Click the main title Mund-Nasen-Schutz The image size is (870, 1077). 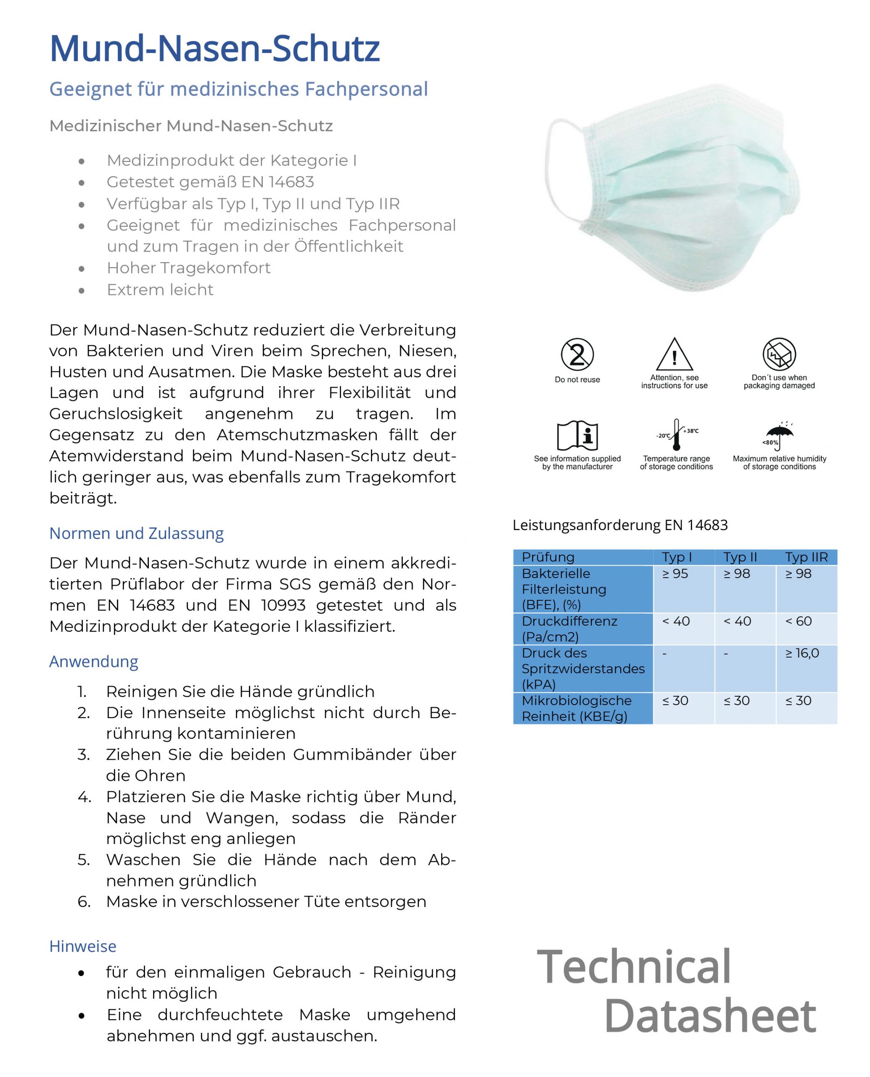[214, 49]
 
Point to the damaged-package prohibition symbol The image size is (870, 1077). [779, 354]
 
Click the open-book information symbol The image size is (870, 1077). [577, 435]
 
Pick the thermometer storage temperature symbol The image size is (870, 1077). [676, 434]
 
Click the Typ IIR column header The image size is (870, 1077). [806, 557]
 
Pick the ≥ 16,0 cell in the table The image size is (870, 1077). [802, 653]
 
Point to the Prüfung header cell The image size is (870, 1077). [548, 557]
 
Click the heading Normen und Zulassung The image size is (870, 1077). [136, 533]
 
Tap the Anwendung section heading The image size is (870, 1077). [94, 661]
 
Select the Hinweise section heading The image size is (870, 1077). [83, 946]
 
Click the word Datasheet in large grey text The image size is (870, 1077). [710, 1016]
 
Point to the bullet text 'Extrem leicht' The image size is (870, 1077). [160, 290]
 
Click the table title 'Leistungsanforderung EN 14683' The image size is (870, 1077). [620, 525]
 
